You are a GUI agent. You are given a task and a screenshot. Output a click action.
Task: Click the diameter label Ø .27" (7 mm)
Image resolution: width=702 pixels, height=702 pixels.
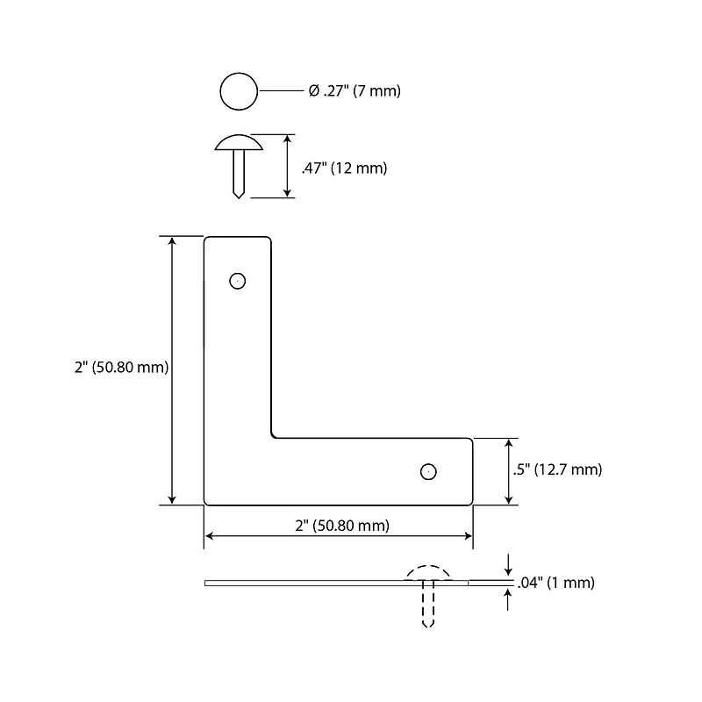pyautogui.click(x=355, y=91)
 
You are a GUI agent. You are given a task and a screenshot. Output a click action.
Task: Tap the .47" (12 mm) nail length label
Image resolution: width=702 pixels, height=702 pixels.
pyautogui.click(x=344, y=168)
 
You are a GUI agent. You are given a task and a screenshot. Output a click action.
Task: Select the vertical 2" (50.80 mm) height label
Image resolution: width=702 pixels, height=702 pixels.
pyautogui.click(x=121, y=368)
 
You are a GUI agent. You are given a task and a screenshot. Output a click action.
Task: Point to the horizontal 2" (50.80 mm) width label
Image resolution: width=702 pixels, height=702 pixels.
pyautogui.click(x=342, y=525)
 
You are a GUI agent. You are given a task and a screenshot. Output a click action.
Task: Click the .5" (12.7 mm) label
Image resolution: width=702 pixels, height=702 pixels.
pyautogui.click(x=557, y=469)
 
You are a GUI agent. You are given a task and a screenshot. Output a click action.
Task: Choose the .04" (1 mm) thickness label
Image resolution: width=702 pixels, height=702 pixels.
pyautogui.click(x=556, y=583)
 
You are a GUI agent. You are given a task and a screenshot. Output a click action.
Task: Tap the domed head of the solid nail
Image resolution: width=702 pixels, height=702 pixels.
pyautogui.click(x=239, y=142)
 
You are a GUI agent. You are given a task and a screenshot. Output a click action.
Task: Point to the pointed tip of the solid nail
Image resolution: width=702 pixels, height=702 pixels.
pyautogui.click(x=239, y=197)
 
